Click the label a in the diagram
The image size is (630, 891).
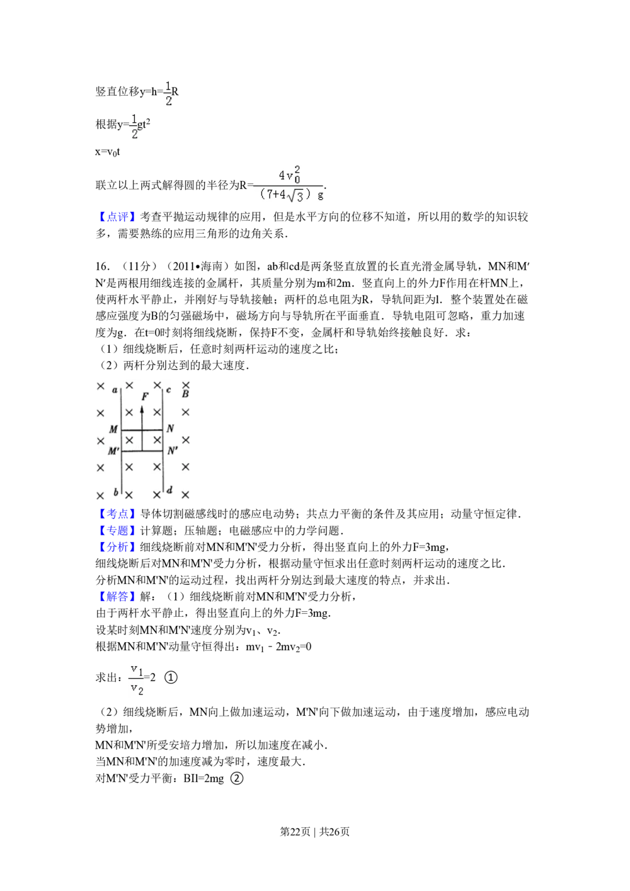(115, 391)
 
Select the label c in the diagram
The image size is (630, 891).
(169, 390)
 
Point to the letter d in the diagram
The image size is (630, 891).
(169, 490)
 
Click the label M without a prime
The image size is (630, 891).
(113, 430)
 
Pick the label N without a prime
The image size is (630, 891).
(170, 429)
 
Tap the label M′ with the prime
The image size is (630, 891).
(113, 451)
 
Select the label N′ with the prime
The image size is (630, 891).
(171, 451)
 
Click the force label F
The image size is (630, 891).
(145, 396)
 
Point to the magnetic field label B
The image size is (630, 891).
(185, 394)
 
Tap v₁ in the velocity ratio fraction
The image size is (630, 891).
(137, 669)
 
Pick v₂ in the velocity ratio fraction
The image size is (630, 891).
(137, 689)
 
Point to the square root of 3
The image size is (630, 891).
(297, 196)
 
